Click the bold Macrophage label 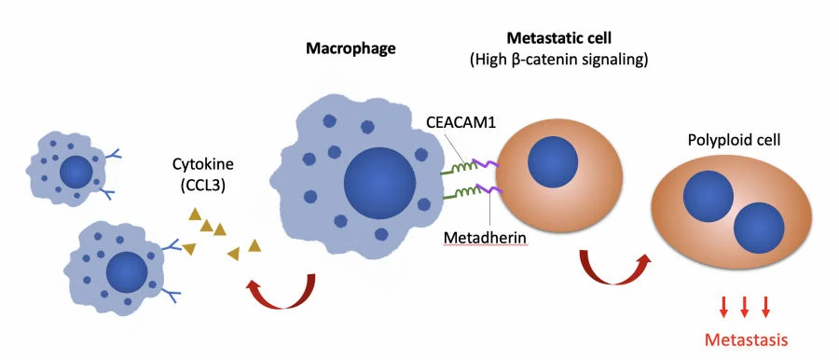click(351, 48)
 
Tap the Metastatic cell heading click(556, 38)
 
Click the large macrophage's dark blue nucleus click(380, 181)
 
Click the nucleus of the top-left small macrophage click(76, 172)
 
